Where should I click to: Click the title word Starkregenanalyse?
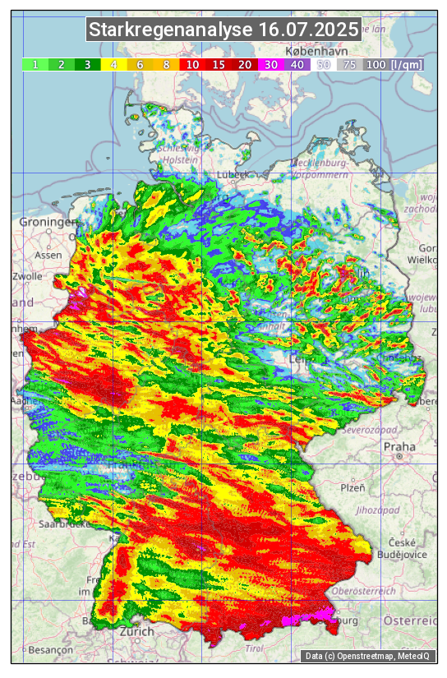click(171, 30)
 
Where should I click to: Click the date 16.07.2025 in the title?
click(308, 30)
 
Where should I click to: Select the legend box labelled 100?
click(376, 64)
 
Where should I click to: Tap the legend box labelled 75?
click(350, 64)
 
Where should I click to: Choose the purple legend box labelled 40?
click(297, 64)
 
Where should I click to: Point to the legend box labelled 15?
click(219, 64)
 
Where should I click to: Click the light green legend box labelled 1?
click(35, 64)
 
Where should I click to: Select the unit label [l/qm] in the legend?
click(407, 64)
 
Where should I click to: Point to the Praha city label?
click(399, 447)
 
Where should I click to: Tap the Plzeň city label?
click(353, 487)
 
